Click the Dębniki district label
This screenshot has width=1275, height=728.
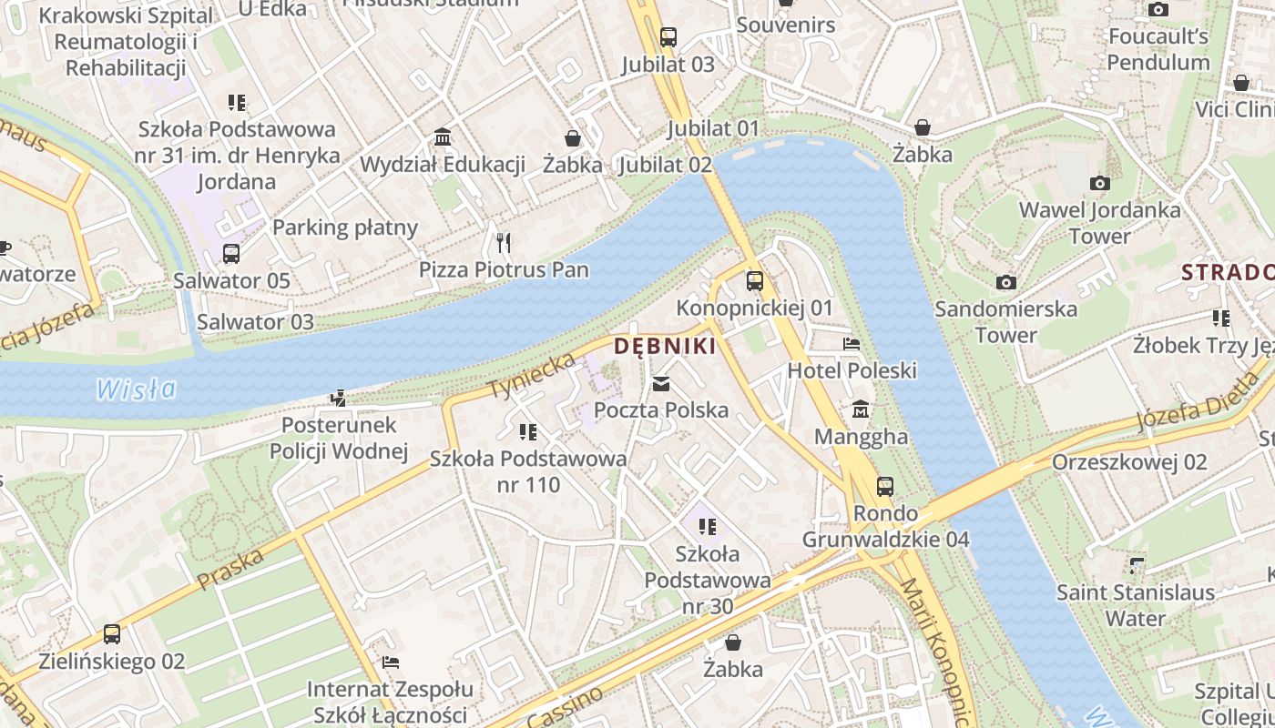click(664, 346)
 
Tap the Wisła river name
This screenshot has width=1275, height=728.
click(137, 389)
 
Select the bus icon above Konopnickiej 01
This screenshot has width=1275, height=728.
click(755, 281)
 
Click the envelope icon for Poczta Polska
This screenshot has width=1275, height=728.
click(661, 384)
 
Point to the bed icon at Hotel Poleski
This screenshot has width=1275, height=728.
click(852, 344)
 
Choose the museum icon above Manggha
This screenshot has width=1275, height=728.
click(861, 410)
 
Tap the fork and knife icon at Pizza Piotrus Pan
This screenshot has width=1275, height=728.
click(504, 243)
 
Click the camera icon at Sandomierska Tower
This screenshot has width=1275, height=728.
click(1005, 282)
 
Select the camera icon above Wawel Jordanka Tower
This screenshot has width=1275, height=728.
click(1099, 183)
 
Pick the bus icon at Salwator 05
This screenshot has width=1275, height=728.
click(231, 254)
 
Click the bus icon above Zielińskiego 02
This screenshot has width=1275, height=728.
click(112, 634)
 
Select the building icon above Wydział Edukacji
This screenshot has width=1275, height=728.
click(443, 137)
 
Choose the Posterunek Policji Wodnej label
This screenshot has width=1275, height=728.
click(339, 438)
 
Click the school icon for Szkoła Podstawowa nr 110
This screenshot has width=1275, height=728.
click(527, 432)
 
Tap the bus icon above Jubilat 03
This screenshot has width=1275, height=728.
click(668, 37)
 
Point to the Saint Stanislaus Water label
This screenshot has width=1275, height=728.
click(1135, 605)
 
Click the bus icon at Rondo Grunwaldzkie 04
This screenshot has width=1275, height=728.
click(884, 486)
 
